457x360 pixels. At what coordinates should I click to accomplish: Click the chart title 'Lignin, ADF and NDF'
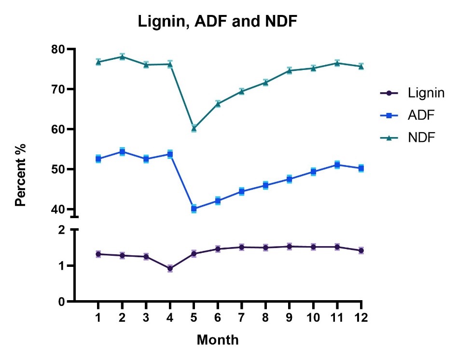[218, 21]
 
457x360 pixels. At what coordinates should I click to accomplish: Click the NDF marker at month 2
[122, 56]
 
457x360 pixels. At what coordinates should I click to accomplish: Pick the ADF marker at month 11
[337, 165]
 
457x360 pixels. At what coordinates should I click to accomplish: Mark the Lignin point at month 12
[361, 250]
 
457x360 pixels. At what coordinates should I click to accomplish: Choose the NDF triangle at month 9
[290, 70]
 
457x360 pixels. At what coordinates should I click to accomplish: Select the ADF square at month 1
[98, 159]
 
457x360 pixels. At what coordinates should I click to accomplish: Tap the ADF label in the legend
[415, 115]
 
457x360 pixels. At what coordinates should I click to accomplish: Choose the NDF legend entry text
[416, 138]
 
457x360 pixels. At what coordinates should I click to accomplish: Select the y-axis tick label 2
[61, 230]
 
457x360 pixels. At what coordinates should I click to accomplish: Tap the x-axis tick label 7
[242, 318]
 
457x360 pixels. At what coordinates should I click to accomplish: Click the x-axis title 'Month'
[218, 340]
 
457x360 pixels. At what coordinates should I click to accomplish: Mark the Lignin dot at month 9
[290, 247]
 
